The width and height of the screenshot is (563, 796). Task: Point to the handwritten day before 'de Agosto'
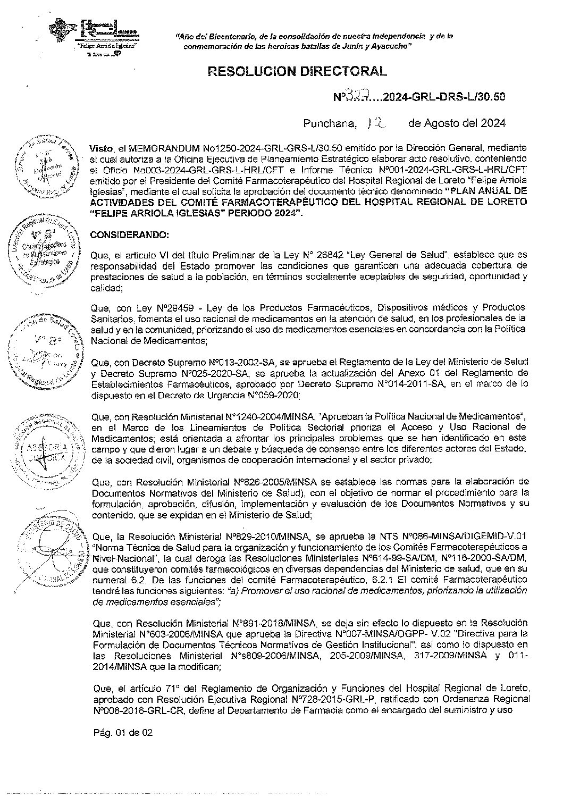pyautogui.click(x=376, y=123)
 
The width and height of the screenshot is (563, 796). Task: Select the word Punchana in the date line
pyautogui.click(x=330, y=124)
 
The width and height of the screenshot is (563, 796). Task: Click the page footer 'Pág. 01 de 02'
pyautogui.click(x=123, y=732)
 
